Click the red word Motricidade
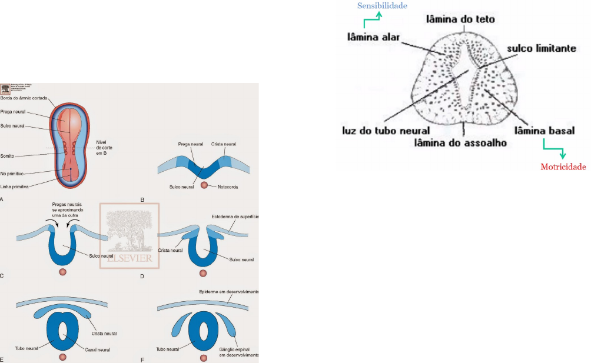point(563,167)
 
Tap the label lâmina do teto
point(460,19)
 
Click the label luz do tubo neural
point(386,131)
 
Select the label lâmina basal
point(544,130)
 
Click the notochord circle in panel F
point(204,358)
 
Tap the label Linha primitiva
point(14,187)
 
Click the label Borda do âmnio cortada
point(22,98)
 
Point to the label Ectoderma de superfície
point(235,217)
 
